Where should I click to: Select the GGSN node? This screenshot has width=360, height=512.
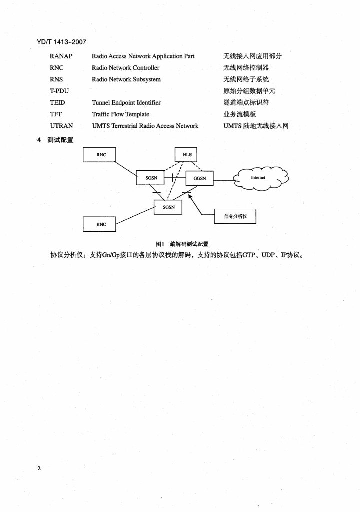pos(199,178)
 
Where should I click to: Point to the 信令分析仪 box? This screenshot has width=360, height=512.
pos(235,216)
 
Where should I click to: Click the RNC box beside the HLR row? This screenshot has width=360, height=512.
pos(101,155)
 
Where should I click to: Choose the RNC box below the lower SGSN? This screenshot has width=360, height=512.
pos(101,224)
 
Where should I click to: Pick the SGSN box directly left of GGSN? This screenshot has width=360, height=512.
pos(151,177)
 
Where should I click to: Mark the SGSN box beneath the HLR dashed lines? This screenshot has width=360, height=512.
pos(168,207)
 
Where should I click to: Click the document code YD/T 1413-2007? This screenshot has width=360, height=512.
pos(58,42)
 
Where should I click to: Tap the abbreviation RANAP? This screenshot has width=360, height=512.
pos(61,56)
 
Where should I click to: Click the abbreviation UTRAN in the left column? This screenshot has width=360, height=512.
pos(62,126)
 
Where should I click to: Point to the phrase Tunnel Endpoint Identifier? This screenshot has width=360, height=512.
pos(126,103)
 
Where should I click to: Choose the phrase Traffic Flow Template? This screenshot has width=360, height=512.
pos(120,114)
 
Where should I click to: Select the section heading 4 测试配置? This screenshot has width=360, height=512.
pos(56,140)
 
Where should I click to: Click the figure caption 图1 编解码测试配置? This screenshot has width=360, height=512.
pos(182,244)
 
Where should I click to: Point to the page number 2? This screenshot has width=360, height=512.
pos(39,469)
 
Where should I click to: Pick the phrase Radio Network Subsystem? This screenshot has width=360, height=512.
pos(126,79)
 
